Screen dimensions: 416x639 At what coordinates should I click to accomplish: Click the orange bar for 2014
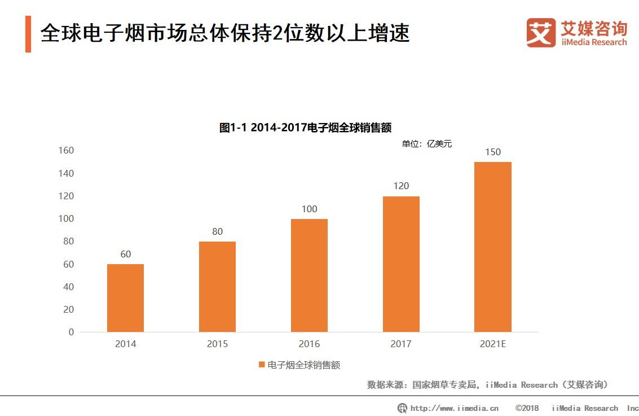pyautogui.click(x=125, y=298)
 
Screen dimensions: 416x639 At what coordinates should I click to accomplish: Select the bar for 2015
pyautogui.click(x=217, y=287)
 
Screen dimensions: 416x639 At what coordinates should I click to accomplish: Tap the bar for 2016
pyautogui.click(x=309, y=275)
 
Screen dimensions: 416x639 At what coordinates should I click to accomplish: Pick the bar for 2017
pyautogui.click(x=401, y=264)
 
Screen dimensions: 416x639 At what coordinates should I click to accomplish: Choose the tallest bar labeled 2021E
pyautogui.click(x=492, y=247)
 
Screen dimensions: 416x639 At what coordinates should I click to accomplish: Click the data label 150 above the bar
pyautogui.click(x=492, y=152)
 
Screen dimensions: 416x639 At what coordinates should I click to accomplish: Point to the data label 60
pyautogui.click(x=125, y=254)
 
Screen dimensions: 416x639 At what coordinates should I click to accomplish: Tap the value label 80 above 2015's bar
pyautogui.click(x=217, y=231)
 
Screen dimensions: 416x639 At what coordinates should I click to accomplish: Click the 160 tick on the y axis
pyautogui.click(x=66, y=150)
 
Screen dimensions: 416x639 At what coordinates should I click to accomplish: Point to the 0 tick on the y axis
pyautogui.click(x=71, y=332)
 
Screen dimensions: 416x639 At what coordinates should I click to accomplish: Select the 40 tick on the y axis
pyautogui.click(x=68, y=287)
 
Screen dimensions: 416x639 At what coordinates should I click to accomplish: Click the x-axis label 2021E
pyautogui.click(x=492, y=344)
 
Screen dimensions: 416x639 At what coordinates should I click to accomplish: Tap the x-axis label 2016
pyautogui.click(x=309, y=344)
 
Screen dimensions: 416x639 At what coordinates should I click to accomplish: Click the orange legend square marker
pyautogui.click(x=262, y=365)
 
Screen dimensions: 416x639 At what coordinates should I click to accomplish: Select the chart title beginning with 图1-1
pyautogui.click(x=305, y=128)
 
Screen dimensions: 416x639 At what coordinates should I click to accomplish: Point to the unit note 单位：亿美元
pyautogui.click(x=426, y=144)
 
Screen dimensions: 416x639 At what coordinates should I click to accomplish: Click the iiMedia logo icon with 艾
pyautogui.click(x=541, y=33)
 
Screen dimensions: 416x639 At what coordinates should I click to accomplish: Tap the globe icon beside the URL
pyautogui.click(x=402, y=408)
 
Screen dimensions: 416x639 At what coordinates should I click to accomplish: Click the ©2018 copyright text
pyautogui.click(x=527, y=408)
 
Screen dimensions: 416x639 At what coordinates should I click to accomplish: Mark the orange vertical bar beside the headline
pyautogui.click(x=28, y=34)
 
